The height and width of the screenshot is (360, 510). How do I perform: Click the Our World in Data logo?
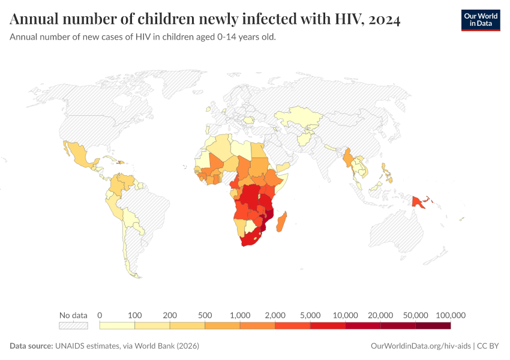pyautogui.click(x=480, y=19)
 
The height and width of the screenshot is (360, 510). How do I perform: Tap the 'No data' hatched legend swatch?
pyautogui.click(x=73, y=326)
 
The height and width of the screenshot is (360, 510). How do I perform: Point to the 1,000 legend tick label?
pyautogui.click(x=240, y=315)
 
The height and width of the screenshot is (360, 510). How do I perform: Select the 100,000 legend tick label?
pyautogui.click(x=451, y=315)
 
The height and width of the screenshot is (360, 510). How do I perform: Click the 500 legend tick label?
pyautogui.click(x=205, y=315)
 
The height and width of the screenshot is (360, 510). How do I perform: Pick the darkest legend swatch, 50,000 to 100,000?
pyautogui.click(x=433, y=326)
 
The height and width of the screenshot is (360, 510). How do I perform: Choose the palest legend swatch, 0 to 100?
pyautogui.click(x=117, y=326)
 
